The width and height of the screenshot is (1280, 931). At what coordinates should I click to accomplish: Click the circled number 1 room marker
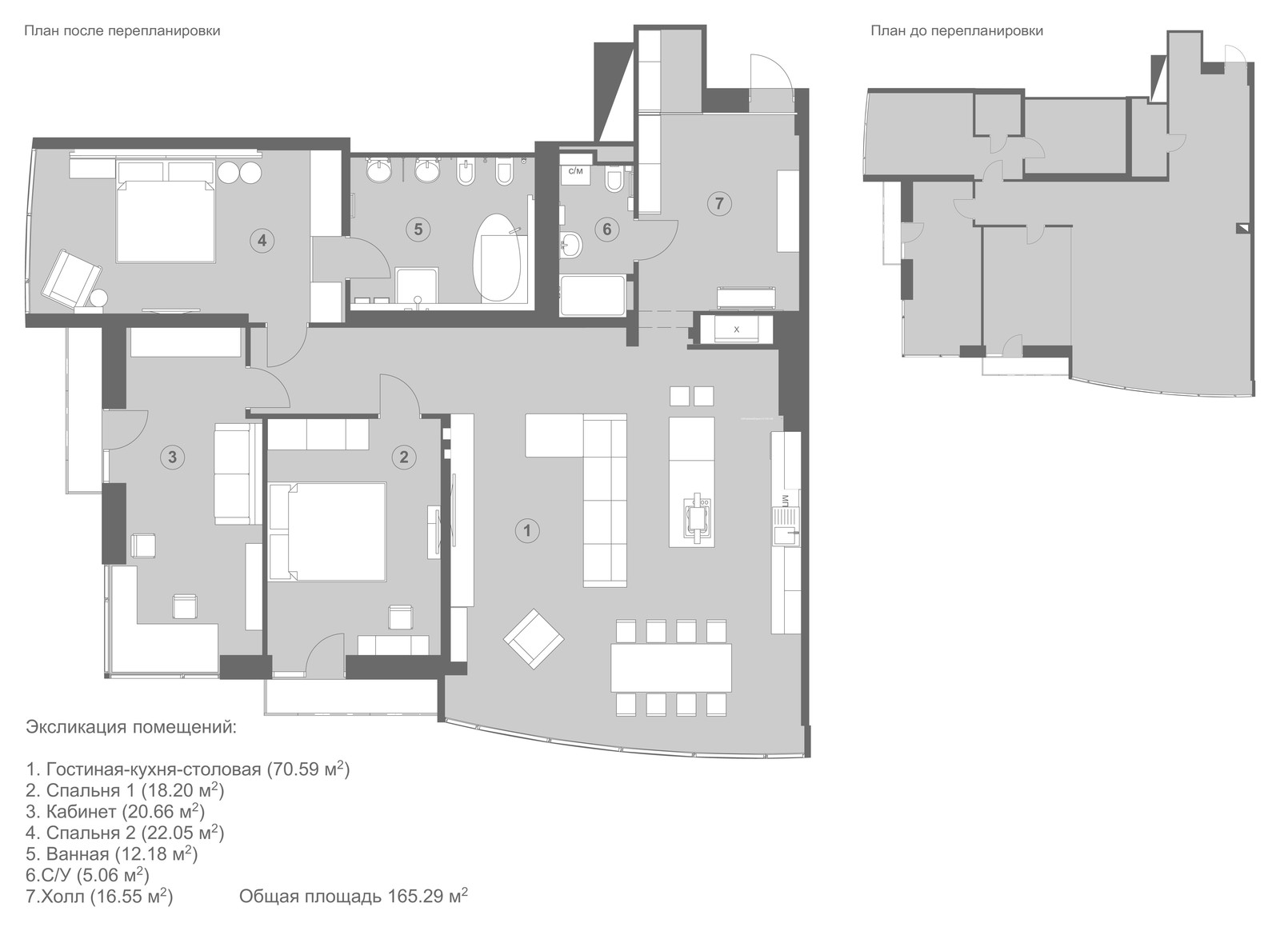click(527, 530)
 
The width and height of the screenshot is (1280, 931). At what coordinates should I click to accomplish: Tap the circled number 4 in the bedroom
click(262, 241)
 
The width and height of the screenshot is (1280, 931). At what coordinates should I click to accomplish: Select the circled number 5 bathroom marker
click(418, 230)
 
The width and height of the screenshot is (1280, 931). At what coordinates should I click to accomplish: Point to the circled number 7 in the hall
click(719, 203)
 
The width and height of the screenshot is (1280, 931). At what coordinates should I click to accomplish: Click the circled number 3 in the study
click(172, 457)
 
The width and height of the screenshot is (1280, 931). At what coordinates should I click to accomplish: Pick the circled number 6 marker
click(606, 229)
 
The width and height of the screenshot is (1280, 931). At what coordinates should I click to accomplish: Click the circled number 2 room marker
click(403, 457)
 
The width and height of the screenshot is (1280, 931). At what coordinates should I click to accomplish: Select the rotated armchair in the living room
click(533, 639)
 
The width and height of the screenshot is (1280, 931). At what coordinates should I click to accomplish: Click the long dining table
click(671, 668)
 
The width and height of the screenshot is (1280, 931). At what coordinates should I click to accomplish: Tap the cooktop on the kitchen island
click(698, 516)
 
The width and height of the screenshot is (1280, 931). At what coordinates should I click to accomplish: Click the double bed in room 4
click(166, 211)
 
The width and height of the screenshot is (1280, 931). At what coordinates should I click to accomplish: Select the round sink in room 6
click(570, 246)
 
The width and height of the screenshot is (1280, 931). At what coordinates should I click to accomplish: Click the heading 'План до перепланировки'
click(957, 31)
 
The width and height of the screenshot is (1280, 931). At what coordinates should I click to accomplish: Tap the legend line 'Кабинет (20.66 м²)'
click(115, 811)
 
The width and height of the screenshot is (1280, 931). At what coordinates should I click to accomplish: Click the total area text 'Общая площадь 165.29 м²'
click(353, 897)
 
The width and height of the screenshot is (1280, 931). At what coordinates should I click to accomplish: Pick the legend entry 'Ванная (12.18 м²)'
click(112, 854)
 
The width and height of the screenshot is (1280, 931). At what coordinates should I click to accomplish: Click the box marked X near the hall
click(736, 329)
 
